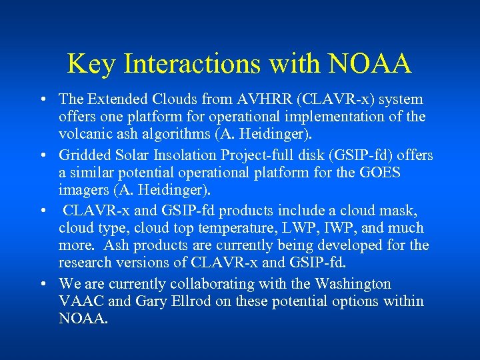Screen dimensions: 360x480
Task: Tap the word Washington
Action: (x=346, y=283)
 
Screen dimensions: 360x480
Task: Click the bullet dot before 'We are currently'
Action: (x=42, y=284)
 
